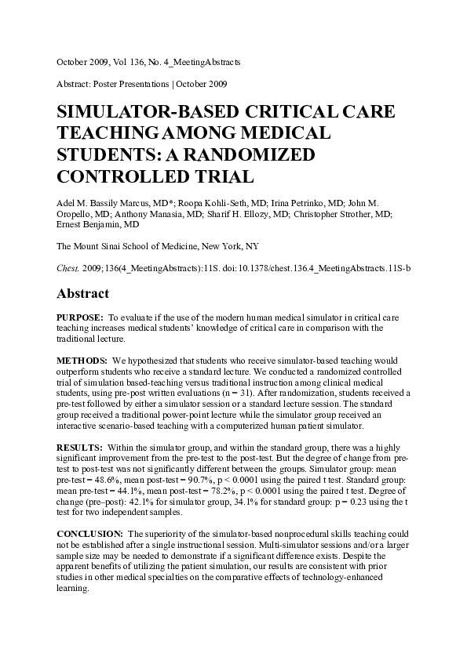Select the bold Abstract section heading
[87, 293]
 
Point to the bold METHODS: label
[82, 359]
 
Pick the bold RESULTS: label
[79, 445]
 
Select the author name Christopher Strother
[349, 213]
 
